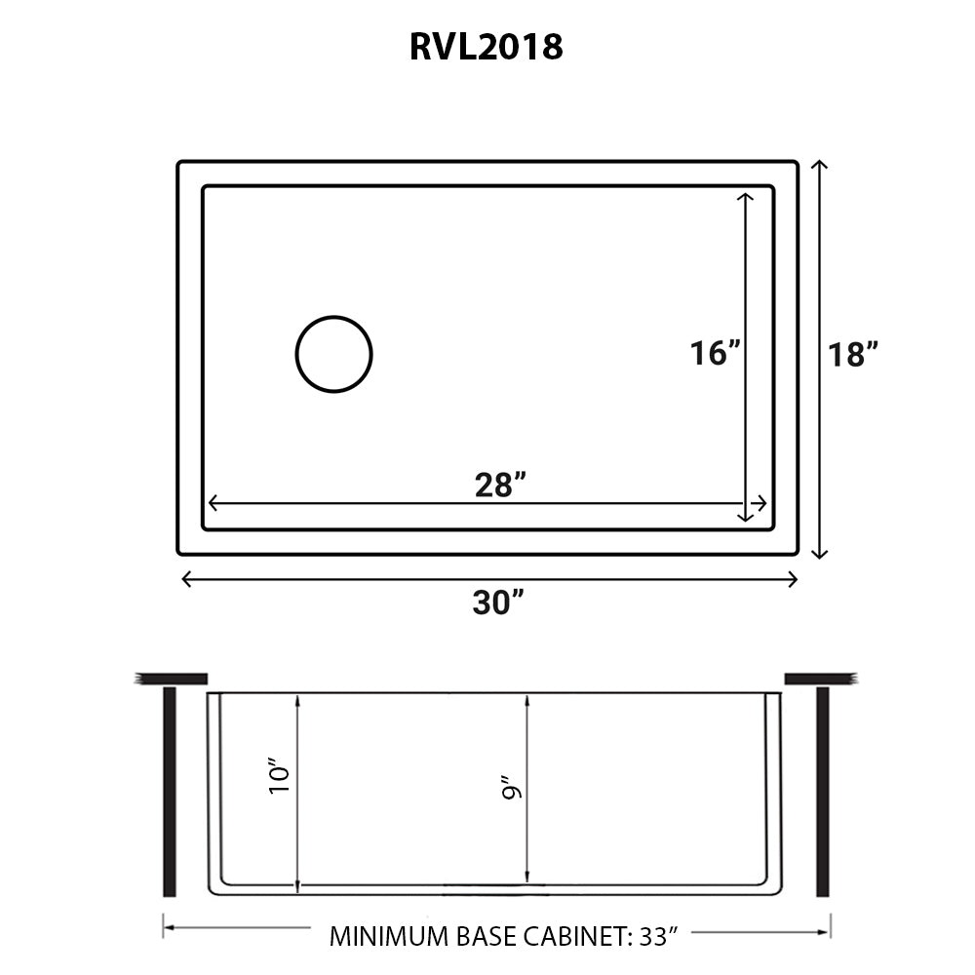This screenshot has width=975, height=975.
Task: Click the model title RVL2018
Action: [x=486, y=46]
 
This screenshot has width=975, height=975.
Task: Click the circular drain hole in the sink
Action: [x=333, y=354]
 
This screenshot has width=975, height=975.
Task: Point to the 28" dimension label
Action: [x=501, y=483]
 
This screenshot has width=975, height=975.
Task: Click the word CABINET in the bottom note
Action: [x=567, y=938]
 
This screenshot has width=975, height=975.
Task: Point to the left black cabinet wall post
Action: [x=170, y=791]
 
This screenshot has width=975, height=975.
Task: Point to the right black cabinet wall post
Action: [x=822, y=791]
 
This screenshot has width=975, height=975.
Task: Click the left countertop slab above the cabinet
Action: [x=172, y=678]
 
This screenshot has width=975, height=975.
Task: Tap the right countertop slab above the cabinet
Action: [x=820, y=678]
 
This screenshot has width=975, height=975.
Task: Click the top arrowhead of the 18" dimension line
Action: [x=819, y=166]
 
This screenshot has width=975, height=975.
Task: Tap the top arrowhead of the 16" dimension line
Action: [x=746, y=197]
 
